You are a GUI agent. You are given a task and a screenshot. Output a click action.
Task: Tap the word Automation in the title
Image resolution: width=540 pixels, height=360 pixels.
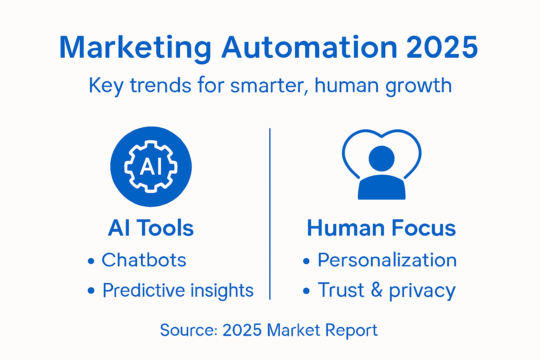309,47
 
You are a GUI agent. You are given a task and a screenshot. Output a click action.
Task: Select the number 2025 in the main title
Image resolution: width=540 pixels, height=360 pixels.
442,47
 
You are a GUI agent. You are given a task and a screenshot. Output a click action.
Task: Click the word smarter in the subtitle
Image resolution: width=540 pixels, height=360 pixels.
266,85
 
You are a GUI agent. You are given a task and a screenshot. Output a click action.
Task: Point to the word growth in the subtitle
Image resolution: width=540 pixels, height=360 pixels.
418,86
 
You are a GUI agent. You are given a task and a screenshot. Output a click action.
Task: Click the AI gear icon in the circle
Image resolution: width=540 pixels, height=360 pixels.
151,166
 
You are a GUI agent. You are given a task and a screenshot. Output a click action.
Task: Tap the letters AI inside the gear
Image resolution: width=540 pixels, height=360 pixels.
151,166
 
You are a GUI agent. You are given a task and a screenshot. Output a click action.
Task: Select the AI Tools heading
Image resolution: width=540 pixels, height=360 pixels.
151,228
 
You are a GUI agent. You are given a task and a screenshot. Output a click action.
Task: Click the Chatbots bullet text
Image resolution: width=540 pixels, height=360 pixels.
144,260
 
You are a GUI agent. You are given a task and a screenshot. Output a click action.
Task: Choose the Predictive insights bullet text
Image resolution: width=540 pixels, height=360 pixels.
178,290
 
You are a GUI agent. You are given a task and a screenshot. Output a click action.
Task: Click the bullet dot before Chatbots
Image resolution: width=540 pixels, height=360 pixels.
91,261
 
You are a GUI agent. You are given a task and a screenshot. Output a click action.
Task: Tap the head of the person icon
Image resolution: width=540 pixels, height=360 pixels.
381,159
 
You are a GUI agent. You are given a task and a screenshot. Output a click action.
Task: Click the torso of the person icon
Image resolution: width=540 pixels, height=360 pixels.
381,187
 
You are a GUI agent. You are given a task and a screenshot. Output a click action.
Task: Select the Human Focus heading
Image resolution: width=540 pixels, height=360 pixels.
381,228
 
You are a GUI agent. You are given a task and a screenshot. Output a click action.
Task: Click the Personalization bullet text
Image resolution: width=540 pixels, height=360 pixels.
387,260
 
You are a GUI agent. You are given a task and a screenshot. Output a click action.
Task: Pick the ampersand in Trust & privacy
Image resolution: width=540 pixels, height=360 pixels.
377,290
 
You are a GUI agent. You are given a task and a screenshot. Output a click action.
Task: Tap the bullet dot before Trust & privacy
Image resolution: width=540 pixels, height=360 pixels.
307,291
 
